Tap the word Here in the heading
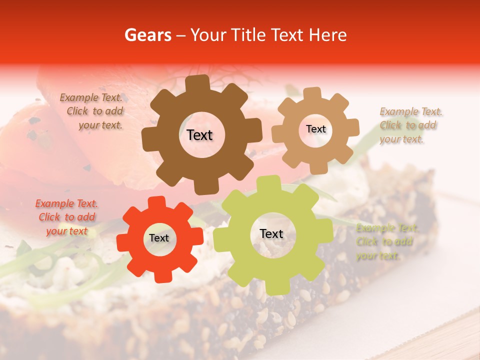tap(328, 35)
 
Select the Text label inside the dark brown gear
tap(199, 135)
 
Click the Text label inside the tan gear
tap(315, 129)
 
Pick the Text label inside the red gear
tap(159, 238)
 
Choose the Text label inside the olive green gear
tap(271, 234)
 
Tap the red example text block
tap(66, 217)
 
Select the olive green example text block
tap(385, 241)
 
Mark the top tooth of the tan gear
tap(312, 93)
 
